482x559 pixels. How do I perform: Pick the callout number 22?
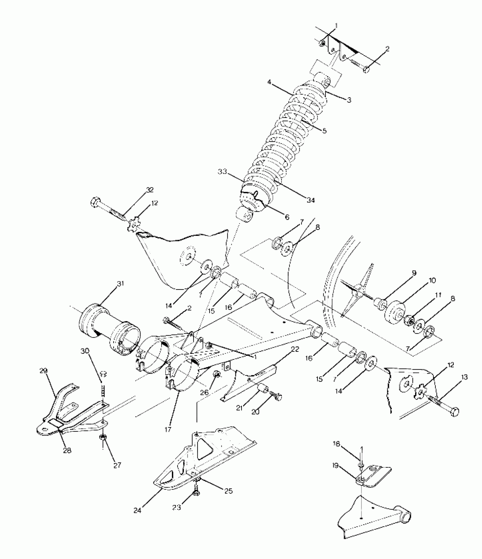tap(295, 349)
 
